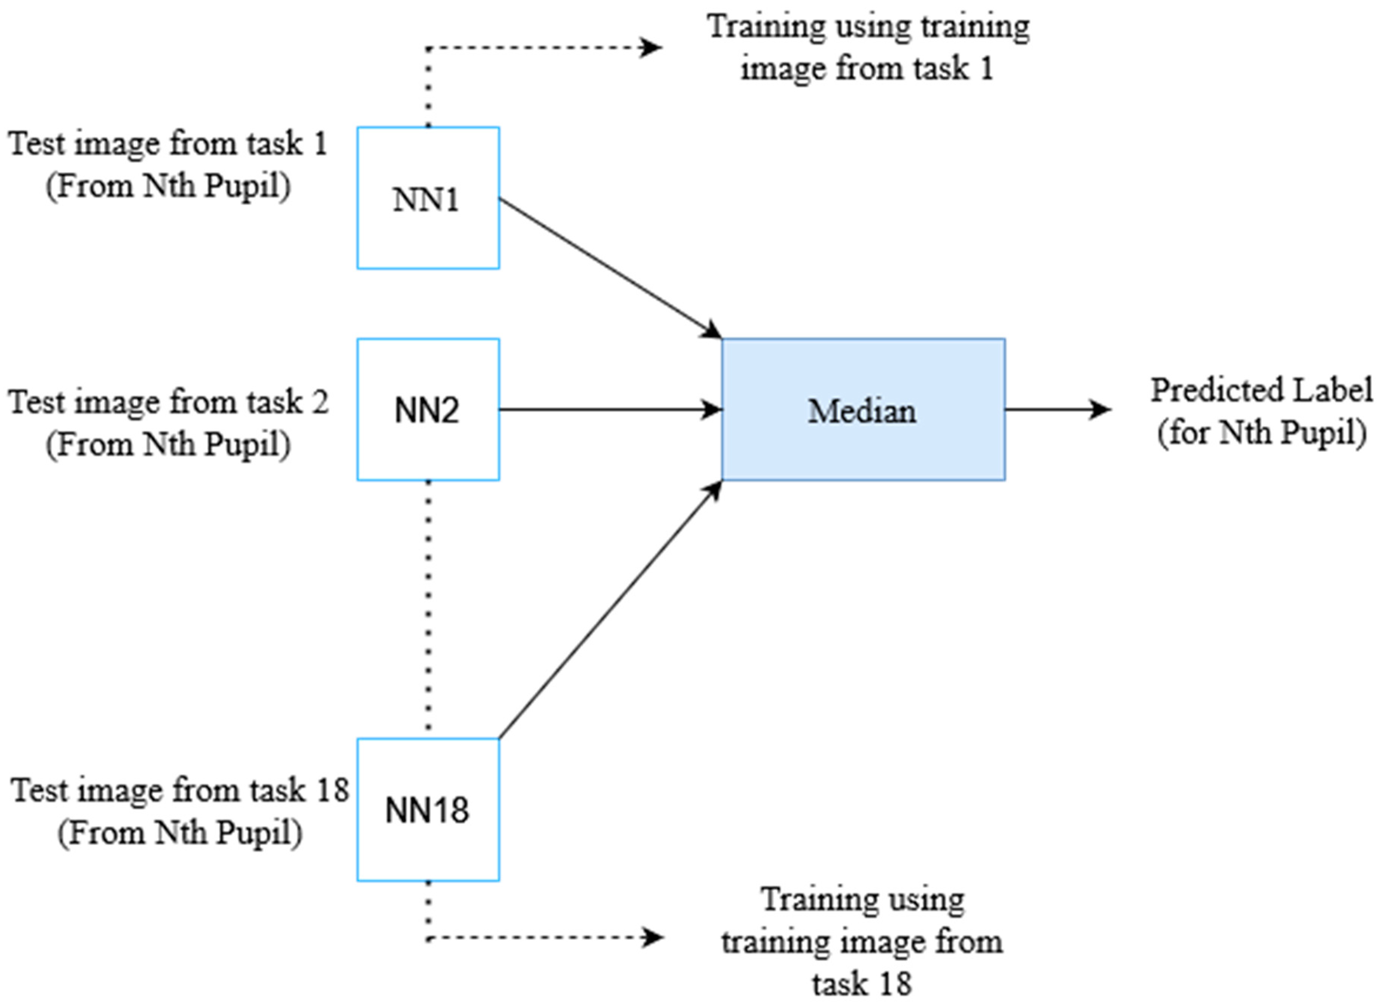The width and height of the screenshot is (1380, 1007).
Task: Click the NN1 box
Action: tap(428, 198)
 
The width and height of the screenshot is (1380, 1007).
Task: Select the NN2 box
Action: tap(428, 410)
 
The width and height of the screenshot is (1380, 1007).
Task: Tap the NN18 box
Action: tap(428, 809)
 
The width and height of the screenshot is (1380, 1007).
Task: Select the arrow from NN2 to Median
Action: tap(609, 410)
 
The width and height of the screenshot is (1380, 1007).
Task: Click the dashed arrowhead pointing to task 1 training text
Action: tap(652, 47)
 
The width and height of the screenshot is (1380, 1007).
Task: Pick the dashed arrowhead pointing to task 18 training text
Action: tap(653, 937)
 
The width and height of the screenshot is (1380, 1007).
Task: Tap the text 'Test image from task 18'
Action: tap(180, 791)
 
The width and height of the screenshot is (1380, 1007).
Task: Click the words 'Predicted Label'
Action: tap(1261, 390)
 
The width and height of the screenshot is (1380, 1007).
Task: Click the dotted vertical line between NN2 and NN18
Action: tap(428, 609)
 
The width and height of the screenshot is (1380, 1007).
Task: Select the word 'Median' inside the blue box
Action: tap(861, 411)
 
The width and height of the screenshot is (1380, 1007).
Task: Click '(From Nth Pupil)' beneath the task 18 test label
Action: tap(180, 833)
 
